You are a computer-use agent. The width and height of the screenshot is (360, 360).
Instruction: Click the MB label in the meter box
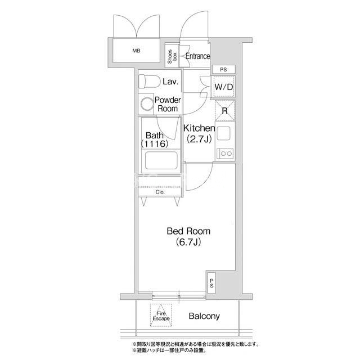136,51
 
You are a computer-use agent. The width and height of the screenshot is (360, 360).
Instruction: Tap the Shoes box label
172,56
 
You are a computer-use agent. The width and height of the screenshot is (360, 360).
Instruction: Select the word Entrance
197,56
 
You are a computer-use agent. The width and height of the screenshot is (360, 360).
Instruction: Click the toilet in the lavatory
149,81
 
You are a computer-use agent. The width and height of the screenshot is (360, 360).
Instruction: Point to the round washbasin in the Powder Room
147,103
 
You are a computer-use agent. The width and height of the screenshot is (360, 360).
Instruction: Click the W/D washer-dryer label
224,87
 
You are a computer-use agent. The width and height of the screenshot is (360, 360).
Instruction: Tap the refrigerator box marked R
225,111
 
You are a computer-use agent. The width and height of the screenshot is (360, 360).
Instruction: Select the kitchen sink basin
223,133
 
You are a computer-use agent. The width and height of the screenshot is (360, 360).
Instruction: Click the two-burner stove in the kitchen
225,154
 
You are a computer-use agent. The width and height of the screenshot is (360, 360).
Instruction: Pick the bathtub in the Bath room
161,160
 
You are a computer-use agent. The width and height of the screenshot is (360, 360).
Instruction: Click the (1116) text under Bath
155,144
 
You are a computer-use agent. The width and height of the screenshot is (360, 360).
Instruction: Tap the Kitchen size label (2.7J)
199,139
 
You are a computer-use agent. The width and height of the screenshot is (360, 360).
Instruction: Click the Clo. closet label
160,192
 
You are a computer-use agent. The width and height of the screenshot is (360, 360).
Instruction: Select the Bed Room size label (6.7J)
188,242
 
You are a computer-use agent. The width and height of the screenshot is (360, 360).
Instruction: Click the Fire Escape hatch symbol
161,315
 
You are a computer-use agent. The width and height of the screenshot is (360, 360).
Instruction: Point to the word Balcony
204,316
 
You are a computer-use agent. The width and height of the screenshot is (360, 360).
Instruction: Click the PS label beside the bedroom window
211,283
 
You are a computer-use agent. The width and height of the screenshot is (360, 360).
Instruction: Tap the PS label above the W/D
223,69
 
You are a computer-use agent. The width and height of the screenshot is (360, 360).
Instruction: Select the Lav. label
170,82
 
